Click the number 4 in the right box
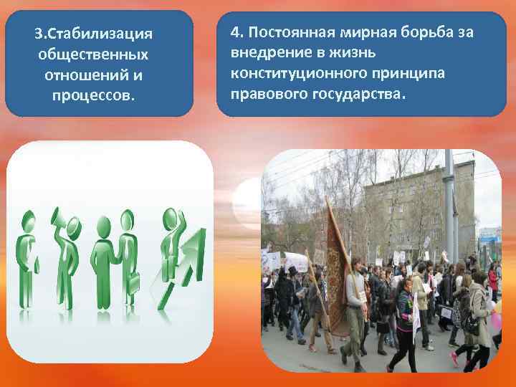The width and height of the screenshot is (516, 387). tap(234, 33)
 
